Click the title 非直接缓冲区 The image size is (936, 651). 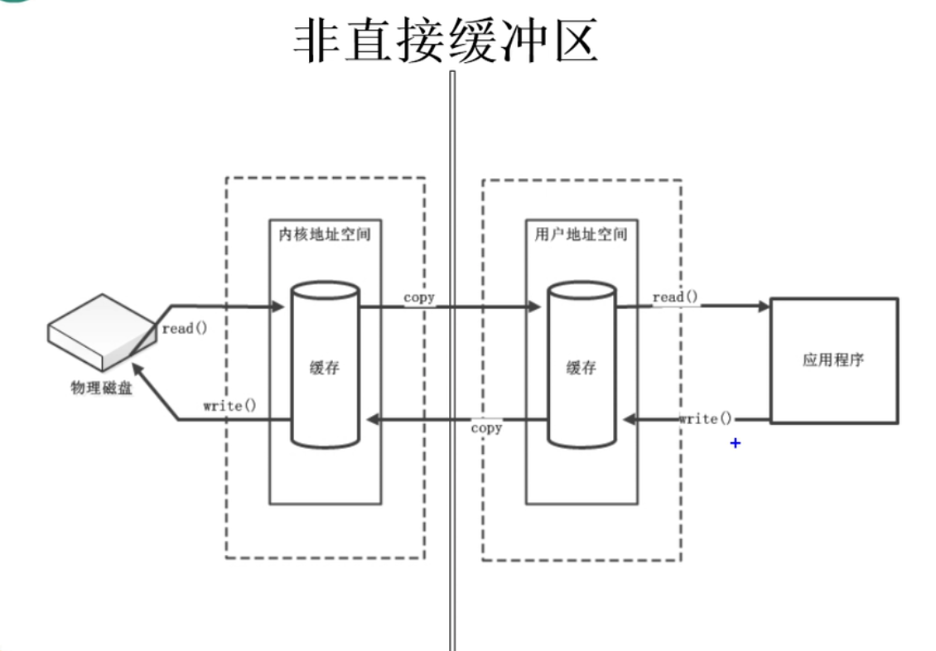446,41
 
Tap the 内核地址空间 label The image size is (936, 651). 325,234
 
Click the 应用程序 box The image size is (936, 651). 833,361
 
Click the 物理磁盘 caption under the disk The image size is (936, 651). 98,388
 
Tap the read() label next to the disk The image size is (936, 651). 184,328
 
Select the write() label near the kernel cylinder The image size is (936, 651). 229,406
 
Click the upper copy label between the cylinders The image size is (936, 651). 419,297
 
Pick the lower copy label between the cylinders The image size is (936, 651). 486,428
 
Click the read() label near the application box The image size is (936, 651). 675,297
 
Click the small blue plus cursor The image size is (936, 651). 735,444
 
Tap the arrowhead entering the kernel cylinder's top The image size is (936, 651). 277,306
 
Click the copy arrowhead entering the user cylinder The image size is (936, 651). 534,306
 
